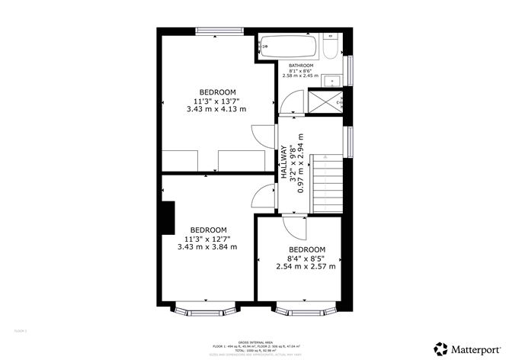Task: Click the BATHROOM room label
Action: click(300, 66)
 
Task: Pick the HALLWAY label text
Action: click(283, 163)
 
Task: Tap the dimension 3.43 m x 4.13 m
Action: click(216, 109)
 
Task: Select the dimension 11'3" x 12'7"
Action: click(207, 239)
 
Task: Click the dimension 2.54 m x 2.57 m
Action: click(306, 266)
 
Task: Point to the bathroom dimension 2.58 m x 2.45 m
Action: click(300, 76)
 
